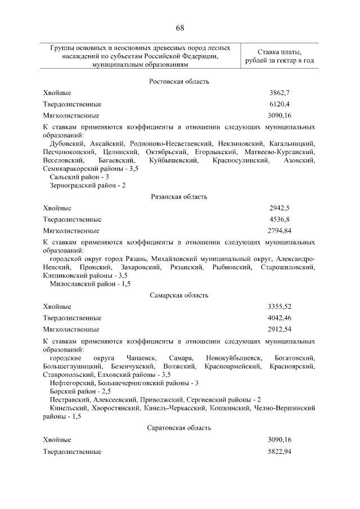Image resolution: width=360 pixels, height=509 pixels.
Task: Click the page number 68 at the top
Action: pyautogui.click(x=179, y=28)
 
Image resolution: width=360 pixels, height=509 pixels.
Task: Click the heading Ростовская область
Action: pyautogui.click(x=179, y=82)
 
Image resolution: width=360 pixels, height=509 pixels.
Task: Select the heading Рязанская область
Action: pyautogui.click(x=179, y=197)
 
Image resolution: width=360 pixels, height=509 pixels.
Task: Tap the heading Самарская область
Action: pyautogui.click(x=179, y=295)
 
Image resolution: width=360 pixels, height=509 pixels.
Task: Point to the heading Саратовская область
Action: pyautogui.click(x=179, y=428)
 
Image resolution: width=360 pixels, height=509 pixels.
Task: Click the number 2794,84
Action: pyautogui.click(x=279, y=231)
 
